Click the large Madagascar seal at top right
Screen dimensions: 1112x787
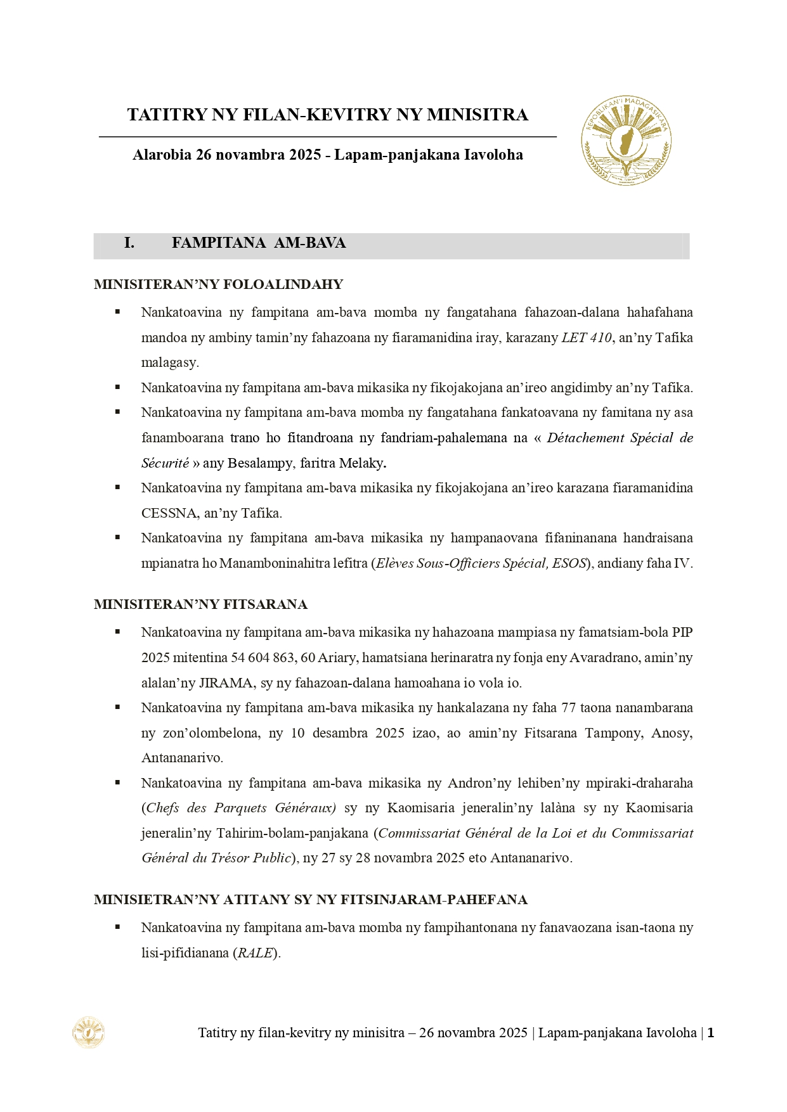[626, 141]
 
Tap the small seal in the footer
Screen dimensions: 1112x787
[88, 1032]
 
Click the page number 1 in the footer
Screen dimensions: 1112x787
[711, 1033]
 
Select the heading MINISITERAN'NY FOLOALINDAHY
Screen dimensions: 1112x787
[218, 284]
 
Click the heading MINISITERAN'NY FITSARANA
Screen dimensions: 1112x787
[200, 604]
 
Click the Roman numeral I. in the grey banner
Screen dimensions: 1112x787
[129, 243]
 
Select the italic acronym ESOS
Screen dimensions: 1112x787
[569, 563]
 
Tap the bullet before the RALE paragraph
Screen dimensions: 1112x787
[117, 927]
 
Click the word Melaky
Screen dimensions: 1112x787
[361, 463]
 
